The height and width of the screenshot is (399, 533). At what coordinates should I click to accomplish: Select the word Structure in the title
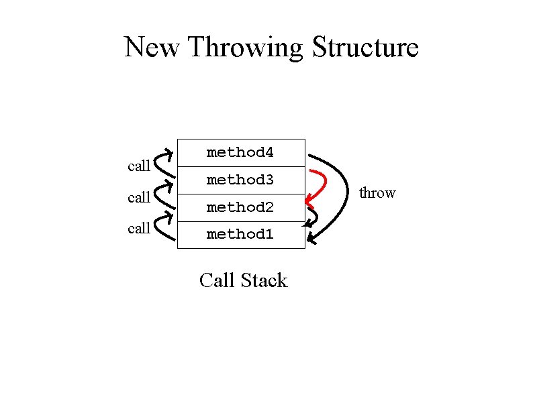[x=366, y=48]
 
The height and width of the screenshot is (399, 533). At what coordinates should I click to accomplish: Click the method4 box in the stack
[x=240, y=153]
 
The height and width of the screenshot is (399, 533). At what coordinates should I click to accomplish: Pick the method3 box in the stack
[x=240, y=180]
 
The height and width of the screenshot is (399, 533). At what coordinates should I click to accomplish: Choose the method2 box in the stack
[x=240, y=208]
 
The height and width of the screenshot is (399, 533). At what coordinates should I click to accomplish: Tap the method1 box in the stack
[x=240, y=235]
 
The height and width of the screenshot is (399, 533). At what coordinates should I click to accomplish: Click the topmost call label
[x=139, y=166]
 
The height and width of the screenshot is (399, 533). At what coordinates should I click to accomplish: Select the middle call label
[x=139, y=197]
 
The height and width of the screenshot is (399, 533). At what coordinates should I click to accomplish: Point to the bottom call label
[x=139, y=228]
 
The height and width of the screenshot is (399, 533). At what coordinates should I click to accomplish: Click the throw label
[x=377, y=193]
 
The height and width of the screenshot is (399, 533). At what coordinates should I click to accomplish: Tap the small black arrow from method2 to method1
[x=314, y=216]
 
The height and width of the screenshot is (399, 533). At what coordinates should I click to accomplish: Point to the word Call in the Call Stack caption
[x=216, y=280]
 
